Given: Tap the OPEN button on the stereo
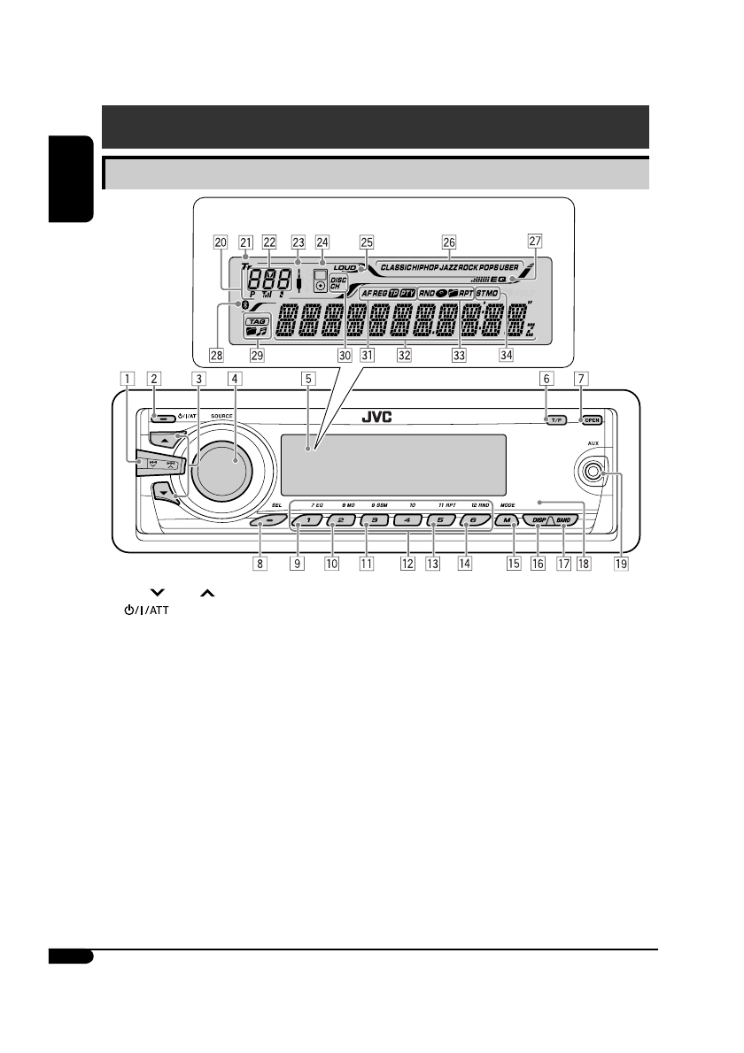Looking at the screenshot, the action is [x=592, y=420].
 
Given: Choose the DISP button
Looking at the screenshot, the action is [x=539, y=520].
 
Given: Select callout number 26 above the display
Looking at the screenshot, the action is [x=449, y=241].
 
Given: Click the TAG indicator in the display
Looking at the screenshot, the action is [x=256, y=322].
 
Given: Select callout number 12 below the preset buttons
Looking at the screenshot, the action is [x=407, y=561].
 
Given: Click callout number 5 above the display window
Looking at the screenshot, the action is [x=308, y=378].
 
